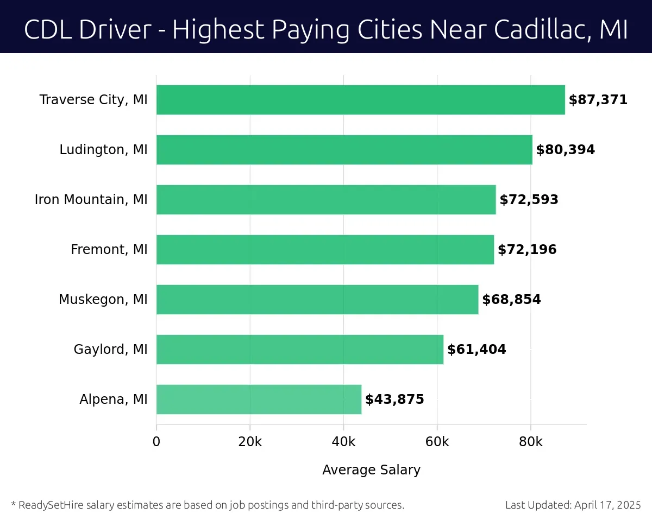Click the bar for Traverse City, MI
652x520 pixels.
click(360, 100)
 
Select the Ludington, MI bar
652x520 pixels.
click(344, 150)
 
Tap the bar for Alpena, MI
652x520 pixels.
click(259, 399)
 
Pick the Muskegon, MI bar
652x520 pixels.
click(317, 300)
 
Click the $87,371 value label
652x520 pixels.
click(598, 100)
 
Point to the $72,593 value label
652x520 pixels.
click(529, 200)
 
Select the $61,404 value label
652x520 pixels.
click(477, 350)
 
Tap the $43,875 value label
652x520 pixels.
click(394, 399)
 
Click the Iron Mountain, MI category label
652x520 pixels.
click(91, 200)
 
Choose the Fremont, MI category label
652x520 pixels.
click(109, 250)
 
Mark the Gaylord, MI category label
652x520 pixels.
click(110, 350)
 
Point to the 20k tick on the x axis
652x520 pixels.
click(250, 441)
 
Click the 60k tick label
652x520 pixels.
click(437, 441)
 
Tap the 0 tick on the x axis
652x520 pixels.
click(156, 441)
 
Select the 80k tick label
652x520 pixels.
click(531, 441)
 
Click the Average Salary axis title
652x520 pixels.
click(371, 470)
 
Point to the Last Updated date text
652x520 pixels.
click(573, 505)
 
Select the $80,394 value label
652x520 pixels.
click(566, 150)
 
